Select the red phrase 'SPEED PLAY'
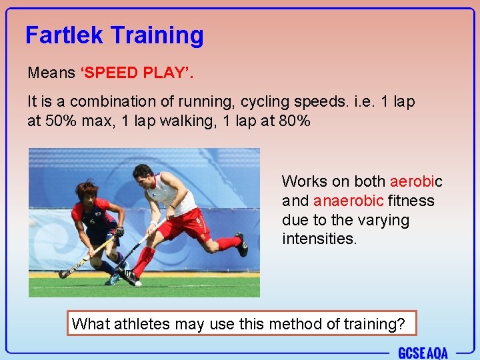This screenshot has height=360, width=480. tap(137, 72)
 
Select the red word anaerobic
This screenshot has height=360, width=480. tap(348, 201)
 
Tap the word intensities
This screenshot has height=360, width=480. tap(319, 239)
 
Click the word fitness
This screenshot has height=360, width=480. tap(411, 201)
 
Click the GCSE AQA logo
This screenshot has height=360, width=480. tap(423, 353)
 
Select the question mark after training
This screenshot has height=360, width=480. tap(400, 324)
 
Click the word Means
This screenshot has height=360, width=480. tap(51, 72)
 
